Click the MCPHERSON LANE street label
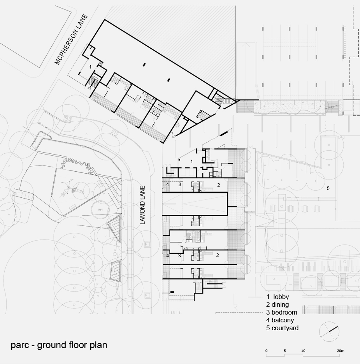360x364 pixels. tap(71, 39)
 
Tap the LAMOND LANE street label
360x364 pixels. tap(142, 205)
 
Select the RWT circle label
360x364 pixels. tap(100, 210)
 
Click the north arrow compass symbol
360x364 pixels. tap(329, 332)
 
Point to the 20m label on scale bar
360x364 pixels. tap(341, 351)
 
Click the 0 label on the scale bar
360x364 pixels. tap(266, 351)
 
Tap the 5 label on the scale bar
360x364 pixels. tap(284, 351)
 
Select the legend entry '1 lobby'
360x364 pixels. tap(277, 297)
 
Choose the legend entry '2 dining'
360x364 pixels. tap(277, 304)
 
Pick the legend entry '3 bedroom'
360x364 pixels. tap(281, 312)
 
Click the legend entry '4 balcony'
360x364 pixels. tap(280, 320)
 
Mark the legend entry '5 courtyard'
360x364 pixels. tap(282, 328)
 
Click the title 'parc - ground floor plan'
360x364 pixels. tap(59, 345)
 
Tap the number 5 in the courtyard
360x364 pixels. tap(328, 188)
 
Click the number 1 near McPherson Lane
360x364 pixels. tap(90, 67)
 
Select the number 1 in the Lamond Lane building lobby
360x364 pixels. tap(191, 161)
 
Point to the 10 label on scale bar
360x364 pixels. tap(303, 351)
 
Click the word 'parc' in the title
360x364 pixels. tap(20, 346)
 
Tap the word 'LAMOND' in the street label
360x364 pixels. tap(142, 214)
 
